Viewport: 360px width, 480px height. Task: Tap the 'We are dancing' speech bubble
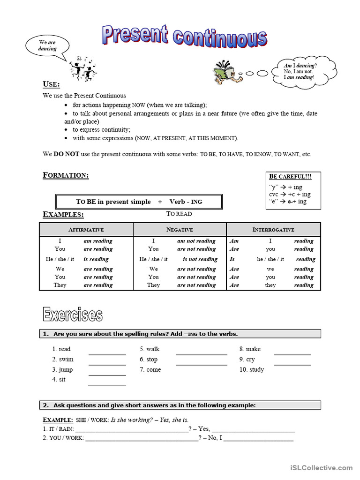click(x=47, y=46)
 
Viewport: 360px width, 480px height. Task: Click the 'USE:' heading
click(x=51, y=84)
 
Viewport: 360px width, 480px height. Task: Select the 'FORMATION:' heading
click(x=66, y=175)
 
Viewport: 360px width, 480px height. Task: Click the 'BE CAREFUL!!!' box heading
click(x=290, y=177)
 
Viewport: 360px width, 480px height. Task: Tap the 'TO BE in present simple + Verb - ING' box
click(x=139, y=202)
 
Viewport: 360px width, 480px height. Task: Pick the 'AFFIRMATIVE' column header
click(x=86, y=230)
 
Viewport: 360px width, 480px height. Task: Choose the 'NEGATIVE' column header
click(x=180, y=230)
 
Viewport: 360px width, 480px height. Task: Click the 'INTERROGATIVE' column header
click(x=273, y=230)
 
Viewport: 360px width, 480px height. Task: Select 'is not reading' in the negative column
click(x=200, y=259)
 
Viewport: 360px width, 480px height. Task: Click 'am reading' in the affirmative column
click(x=98, y=241)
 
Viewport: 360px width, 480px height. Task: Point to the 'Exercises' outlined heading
click(x=72, y=315)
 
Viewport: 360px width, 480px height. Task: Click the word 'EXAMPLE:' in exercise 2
click(x=58, y=420)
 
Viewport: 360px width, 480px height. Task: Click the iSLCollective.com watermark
click(x=321, y=468)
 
